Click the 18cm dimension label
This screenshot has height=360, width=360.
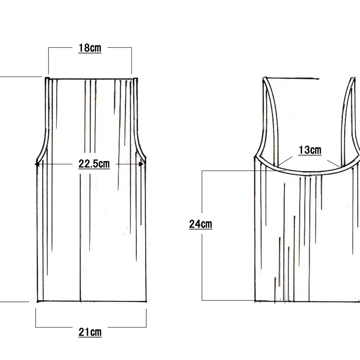pos(90,48)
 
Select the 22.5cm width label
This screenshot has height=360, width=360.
pos(94,164)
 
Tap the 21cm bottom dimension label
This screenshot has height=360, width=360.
pos(90,332)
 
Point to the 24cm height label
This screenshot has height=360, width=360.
pos(201,224)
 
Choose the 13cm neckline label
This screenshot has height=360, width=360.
pos(310,150)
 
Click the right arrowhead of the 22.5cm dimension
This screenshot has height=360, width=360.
pos(141,164)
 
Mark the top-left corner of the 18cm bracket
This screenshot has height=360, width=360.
pos(49,48)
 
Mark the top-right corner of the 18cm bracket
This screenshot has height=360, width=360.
pos(131,48)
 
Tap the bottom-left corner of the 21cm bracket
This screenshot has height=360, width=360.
pos(36,327)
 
